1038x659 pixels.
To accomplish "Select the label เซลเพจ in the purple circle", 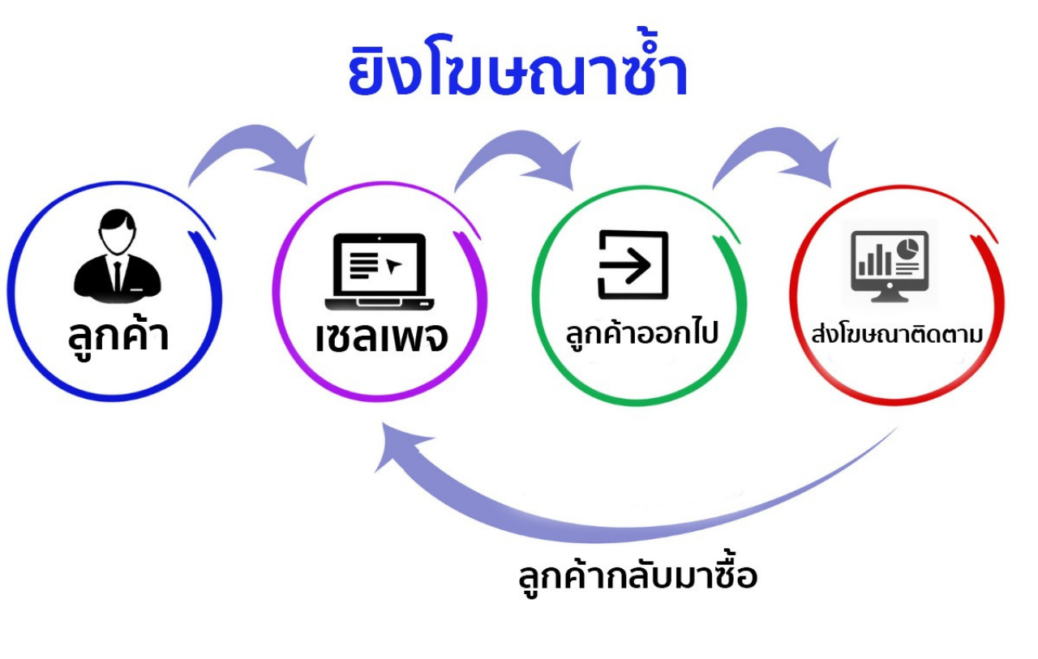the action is pyautogui.click(x=382, y=337).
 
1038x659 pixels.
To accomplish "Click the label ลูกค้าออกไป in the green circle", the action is pyautogui.click(x=641, y=332).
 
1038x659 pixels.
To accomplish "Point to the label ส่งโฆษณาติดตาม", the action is pyautogui.click(x=897, y=333).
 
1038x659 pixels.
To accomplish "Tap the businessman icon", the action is pyautogui.click(x=118, y=256).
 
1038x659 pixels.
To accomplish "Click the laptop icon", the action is pyautogui.click(x=379, y=272).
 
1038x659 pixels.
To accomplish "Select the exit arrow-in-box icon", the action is pyautogui.click(x=633, y=265).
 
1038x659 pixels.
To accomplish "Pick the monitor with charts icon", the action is pyautogui.click(x=890, y=267).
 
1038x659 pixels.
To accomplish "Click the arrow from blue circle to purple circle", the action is pyautogui.click(x=251, y=144).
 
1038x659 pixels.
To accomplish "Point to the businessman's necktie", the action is pyautogui.click(x=118, y=276).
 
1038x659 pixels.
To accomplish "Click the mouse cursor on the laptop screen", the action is pyautogui.click(x=393, y=267).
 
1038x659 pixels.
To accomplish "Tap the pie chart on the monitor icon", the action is pyautogui.click(x=907, y=249).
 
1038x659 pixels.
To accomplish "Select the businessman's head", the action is pyautogui.click(x=118, y=232).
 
